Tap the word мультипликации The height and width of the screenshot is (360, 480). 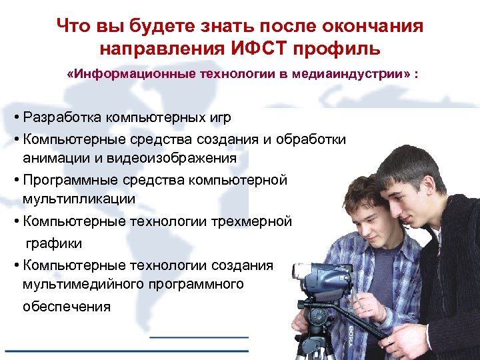[x=79, y=198]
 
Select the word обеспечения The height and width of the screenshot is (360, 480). [x=67, y=307]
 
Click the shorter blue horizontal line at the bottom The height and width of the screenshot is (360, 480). [x=199, y=337]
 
